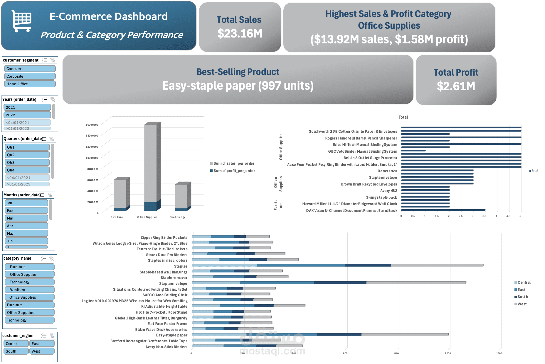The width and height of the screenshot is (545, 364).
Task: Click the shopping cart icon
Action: pos(21,21)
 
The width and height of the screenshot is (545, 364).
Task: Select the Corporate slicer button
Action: pos(30,76)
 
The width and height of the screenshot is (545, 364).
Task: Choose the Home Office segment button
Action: pos(30,84)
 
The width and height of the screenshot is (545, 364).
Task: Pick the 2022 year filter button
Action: pos(27,115)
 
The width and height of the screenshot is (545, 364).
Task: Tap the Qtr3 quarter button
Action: pos(27,162)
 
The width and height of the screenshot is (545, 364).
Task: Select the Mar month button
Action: pos(26,218)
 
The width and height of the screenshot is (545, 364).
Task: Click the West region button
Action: pos(42,351)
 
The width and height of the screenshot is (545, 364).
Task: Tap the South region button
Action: pos(16,351)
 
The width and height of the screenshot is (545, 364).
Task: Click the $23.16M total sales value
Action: pos(240,34)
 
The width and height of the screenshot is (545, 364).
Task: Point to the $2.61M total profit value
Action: pos(456,86)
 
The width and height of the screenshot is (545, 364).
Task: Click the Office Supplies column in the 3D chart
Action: pos(150,164)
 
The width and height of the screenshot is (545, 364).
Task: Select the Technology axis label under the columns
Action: pos(178,217)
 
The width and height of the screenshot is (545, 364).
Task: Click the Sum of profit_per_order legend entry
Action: pos(234,171)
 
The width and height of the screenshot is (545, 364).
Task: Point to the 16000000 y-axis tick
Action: pos(92,125)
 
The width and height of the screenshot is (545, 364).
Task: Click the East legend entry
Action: pos(521,290)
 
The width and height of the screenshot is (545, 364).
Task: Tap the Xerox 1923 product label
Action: pos(387,171)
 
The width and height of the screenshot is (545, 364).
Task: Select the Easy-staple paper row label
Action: pos(171,335)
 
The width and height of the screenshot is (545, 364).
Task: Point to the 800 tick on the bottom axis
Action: pos(396,353)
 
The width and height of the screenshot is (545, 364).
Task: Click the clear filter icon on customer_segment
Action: pos(53,60)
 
